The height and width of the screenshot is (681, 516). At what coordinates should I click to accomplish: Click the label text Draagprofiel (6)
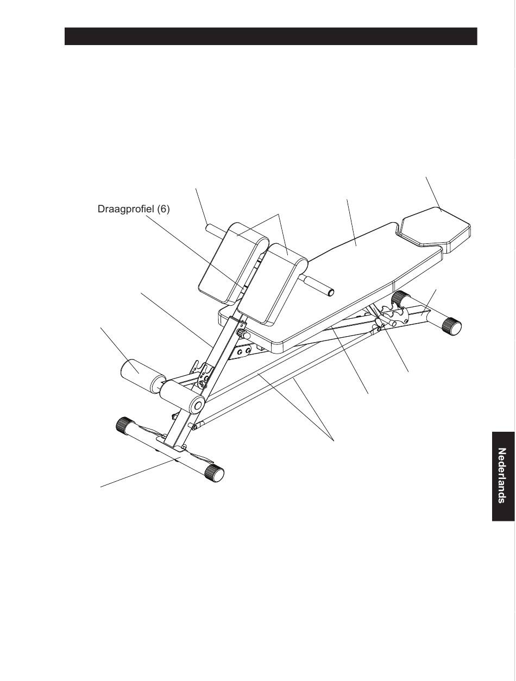134,209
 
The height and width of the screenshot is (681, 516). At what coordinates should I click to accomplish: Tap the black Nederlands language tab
503,476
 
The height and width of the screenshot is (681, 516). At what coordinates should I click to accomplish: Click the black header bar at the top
270,36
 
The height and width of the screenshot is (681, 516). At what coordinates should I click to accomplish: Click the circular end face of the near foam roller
197,405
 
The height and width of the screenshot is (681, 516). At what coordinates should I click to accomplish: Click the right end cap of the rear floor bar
452,326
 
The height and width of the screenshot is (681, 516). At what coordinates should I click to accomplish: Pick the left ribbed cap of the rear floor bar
401,298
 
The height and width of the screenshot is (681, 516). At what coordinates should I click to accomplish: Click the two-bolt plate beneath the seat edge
242,352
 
